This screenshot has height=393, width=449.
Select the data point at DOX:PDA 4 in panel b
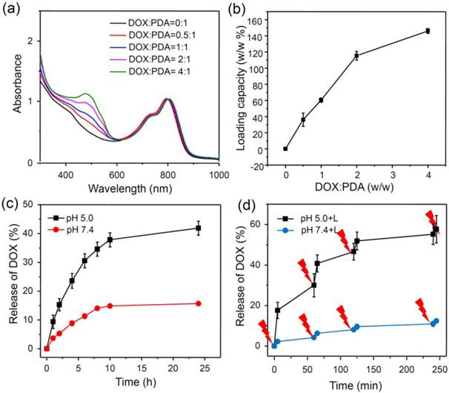tap(428, 31)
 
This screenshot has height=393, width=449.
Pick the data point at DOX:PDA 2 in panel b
tap(356, 56)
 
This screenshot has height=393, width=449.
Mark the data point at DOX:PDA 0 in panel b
tap(285, 148)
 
